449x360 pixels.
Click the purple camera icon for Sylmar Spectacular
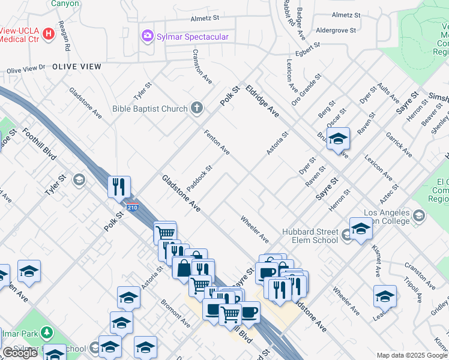tap(147, 37)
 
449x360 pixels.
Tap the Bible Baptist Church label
tap(150, 109)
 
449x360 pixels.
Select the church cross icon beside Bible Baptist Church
tap(196, 109)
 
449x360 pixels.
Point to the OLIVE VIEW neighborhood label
tap(77, 67)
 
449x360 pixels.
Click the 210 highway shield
tap(133, 208)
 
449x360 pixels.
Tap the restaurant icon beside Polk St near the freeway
tap(119, 187)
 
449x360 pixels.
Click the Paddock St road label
tap(199, 179)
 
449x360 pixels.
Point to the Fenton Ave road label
tap(217, 142)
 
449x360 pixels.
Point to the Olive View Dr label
tap(26, 70)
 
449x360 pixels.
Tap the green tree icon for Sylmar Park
tap(46, 333)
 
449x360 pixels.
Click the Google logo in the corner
tap(20, 352)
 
